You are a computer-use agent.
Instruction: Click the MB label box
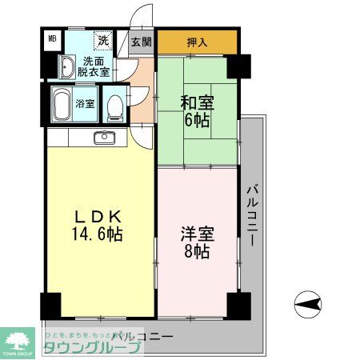click(x=52, y=38)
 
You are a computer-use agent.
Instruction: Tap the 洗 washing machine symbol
click(x=103, y=38)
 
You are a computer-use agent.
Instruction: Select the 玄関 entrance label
click(x=141, y=42)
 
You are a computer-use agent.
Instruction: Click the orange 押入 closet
click(x=196, y=42)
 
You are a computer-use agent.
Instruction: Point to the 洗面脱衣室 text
click(x=94, y=66)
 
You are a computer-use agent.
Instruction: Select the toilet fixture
click(x=114, y=105)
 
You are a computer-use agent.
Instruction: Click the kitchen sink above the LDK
click(x=104, y=138)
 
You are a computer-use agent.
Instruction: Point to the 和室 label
click(x=197, y=102)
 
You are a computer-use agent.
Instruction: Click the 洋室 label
click(x=197, y=234)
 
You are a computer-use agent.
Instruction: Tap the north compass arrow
click(x=308, y=303)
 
